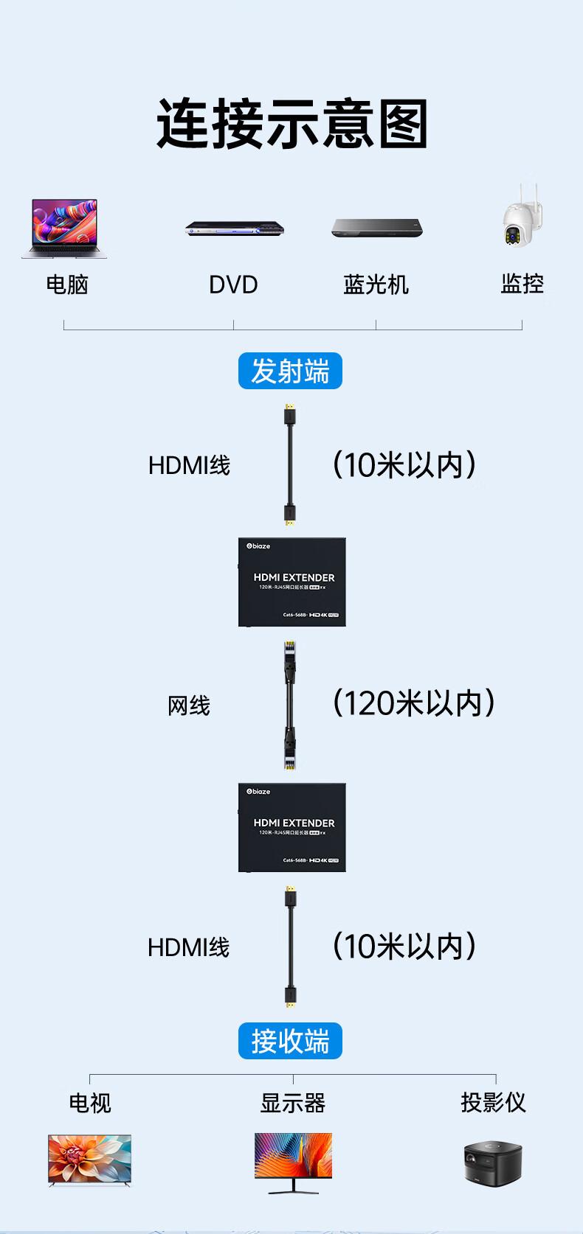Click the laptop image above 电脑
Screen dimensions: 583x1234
coord(64,228)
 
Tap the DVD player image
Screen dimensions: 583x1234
coord(235,229)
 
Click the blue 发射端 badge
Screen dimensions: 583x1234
coord(290,371)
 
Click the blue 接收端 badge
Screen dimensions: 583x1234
coord(290,1041)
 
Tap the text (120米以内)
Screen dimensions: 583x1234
coord(414,703)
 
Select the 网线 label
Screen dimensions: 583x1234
coord(189,705)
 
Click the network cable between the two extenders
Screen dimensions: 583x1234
coord(290,705)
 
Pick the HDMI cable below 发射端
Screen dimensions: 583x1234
coord(290,464)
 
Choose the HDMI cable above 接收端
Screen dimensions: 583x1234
coord(290,947)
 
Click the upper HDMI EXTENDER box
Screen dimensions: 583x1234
coord(292,582)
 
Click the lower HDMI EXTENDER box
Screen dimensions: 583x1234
coord(292,827)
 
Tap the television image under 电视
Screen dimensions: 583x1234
coord(89,1160)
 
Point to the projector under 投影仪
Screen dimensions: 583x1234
coord(493,1162)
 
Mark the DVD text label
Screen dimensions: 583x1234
coord(233,285)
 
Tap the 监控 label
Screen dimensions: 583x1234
coord(522,283)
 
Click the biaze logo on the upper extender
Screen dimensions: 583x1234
coord(258,546)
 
